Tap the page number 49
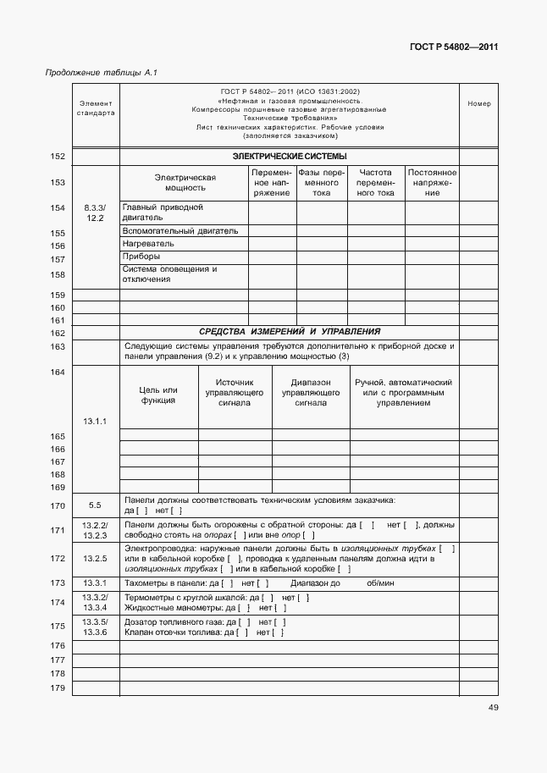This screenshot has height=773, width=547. [x=493, y=708]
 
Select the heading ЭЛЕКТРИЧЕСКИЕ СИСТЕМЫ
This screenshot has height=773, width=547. [x=290, y=157]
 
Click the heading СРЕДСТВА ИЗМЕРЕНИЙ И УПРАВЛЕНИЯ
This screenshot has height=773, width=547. [x=290, y=332]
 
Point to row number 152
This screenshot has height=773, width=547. [x=58, y=157]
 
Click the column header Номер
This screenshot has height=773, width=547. [x=478, y=104]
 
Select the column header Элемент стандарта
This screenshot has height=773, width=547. [x=95, y=108]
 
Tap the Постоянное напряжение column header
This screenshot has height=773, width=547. [x=432, y=182]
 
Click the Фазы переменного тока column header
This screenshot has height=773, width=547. [x=322, y=182]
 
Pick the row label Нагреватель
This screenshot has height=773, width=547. [x=148, y=244]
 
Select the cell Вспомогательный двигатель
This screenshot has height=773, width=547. [x=180, y=230]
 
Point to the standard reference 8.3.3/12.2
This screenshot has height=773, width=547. [x=95, y=213]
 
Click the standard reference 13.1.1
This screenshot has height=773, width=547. [x=95, y=421]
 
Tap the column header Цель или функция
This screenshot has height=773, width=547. [x=158, y=395]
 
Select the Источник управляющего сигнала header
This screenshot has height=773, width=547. [x=235, y=393]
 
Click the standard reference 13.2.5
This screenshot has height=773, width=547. [x=95, y=559]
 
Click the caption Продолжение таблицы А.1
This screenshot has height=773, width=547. [x=101, y=73]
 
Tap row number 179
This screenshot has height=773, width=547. [x=58, y=687]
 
